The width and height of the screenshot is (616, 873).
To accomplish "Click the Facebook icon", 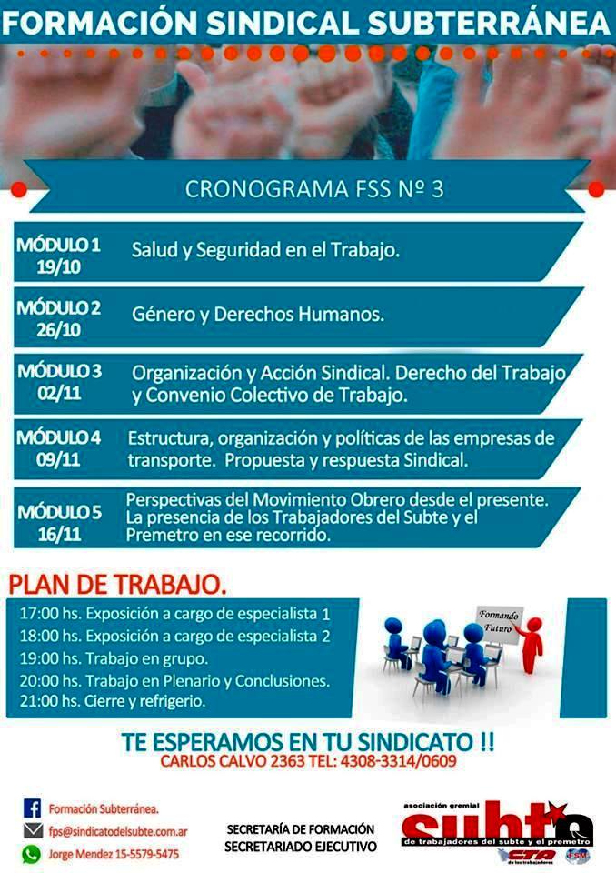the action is click(x=33, y=808).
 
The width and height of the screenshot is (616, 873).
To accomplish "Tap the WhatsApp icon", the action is click(x=32, y=854).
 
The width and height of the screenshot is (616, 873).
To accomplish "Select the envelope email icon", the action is click(x=33, y=831).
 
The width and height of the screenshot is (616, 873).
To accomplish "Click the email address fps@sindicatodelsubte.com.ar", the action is click(x=118, y=832).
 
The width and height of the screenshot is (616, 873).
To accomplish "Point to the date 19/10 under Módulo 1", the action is click(x=59, y=267).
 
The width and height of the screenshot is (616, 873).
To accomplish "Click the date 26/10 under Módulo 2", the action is click(x=59, y=330).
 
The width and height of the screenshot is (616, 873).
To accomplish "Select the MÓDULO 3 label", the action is click(x=60, y=371).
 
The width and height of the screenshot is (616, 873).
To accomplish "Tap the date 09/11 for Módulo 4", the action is click(x=58, y=460).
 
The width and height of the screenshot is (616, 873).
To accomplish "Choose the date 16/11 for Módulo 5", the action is click(x=60, y=535).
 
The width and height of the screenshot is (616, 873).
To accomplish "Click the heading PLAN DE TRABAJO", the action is click(x=117, y=585).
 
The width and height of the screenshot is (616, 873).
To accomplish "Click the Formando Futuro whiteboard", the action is click(x=499, y=624).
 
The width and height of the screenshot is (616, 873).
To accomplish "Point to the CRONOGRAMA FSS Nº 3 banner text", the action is click(x=314, y=189).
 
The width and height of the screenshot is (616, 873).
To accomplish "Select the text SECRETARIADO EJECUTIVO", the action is click(x=301, y=847).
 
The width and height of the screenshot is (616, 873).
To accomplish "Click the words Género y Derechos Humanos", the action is click(x=258, y=315).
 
